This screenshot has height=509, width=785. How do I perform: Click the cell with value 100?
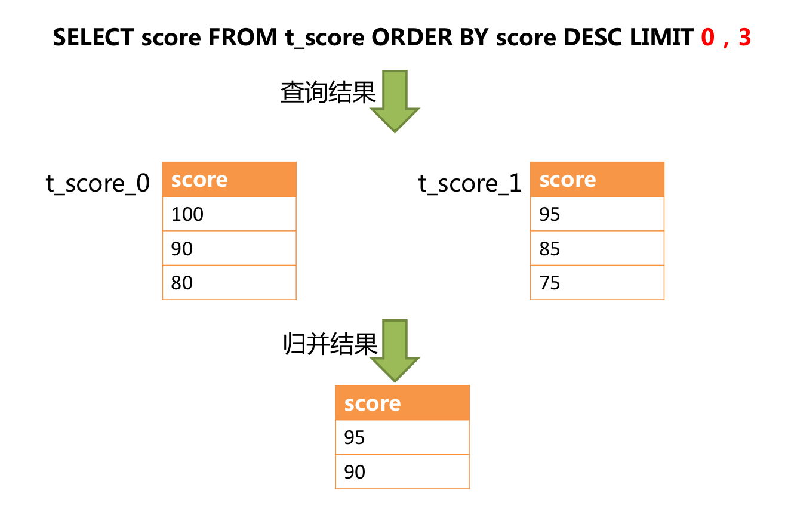click(x=229, y=214)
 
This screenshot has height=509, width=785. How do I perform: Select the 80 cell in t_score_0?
click(x=229, y=282)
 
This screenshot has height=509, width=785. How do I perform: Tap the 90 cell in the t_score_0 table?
click(x=229, y=248)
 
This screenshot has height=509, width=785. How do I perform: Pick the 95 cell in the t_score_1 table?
click(x=597, y=214)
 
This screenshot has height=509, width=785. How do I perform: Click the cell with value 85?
click(x=597, y=248)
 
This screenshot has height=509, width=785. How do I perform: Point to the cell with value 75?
click(x=597, y=282)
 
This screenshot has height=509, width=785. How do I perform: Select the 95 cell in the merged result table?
click(x=402, y=437)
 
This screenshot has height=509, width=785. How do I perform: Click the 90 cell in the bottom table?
click(x=402, y=472)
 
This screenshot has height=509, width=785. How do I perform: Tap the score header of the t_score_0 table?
click(x=229, y=180)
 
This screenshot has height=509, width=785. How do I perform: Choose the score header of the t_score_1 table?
click(x=597, y=180)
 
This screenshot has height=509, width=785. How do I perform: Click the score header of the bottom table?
click(x=402, y=403)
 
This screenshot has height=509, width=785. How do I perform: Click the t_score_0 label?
click(x=98, y=183)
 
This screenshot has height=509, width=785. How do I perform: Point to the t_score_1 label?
click(x=470, y=183)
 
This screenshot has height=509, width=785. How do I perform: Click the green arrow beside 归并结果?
click(x=395, y=350)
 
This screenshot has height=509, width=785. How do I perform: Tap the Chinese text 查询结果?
click(x=328, y=93)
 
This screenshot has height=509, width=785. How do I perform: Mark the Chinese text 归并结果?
click(x=330, y=344)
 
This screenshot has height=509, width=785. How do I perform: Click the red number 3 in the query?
click(x=744, y=38)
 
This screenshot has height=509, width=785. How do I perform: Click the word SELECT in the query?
click(x=94, y=38)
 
